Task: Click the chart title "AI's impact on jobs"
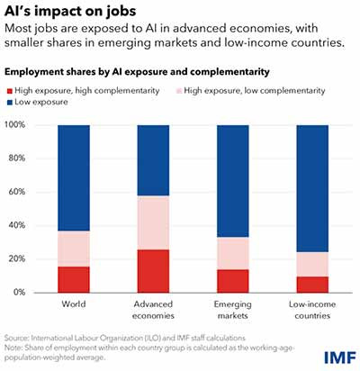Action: (70, 11)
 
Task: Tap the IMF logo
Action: (339, 357)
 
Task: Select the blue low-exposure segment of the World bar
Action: (74, 178)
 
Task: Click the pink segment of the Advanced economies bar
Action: (153, 222)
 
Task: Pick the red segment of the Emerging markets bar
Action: (233, 281)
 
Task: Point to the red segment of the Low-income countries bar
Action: (312, 285)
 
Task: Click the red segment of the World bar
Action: (74, 279)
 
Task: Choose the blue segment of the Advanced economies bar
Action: (153, 160)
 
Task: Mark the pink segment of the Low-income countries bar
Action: (312, 265)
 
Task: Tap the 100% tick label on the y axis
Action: (14, 124)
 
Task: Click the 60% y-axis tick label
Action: (17, 192)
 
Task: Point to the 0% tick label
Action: (19, 292)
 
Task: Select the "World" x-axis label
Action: (74, 303)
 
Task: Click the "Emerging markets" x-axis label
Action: (233, 310)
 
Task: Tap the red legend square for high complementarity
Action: (10, 91)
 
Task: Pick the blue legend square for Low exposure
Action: (10, 103)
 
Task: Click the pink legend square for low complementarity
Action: (179, 91)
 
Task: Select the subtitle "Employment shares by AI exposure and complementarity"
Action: (137, 72)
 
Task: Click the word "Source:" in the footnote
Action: (17, 338)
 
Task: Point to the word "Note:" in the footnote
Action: (13, 348)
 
